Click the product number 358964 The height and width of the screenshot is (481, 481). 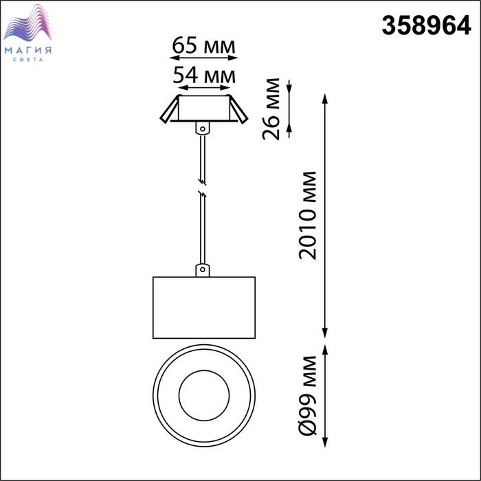[426, 25]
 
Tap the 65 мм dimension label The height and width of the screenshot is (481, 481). [203, 45]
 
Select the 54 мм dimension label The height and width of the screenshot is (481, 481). [204, 75]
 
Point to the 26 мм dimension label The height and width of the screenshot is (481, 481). [271, 109]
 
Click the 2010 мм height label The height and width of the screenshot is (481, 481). [307, 216]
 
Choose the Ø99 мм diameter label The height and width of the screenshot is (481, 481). [308, 396]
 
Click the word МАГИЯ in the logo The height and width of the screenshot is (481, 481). [28, 50]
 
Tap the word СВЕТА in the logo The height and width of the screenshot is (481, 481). [28, 60]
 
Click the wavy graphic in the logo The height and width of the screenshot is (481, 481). [27, 23]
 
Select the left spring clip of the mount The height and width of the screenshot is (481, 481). [169, 109]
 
